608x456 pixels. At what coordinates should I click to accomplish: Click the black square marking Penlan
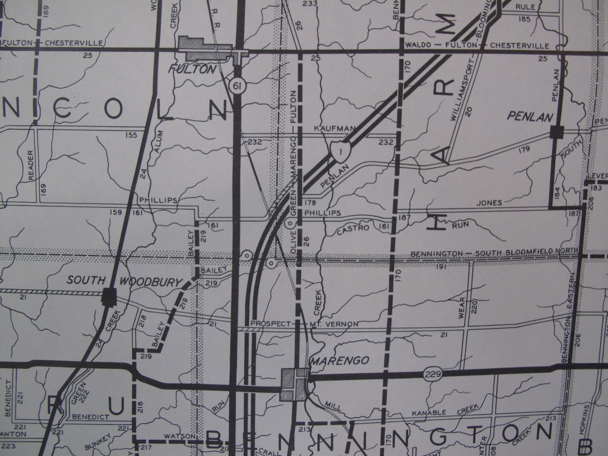click(556, 132)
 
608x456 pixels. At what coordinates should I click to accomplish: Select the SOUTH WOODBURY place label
click(124, 280)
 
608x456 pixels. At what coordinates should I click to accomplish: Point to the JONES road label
click(489, 203)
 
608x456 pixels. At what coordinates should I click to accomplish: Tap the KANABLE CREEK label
click(440, 413)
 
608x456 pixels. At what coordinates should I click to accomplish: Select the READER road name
click(31, 163)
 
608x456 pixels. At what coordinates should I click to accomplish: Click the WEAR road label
click(462, 308)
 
